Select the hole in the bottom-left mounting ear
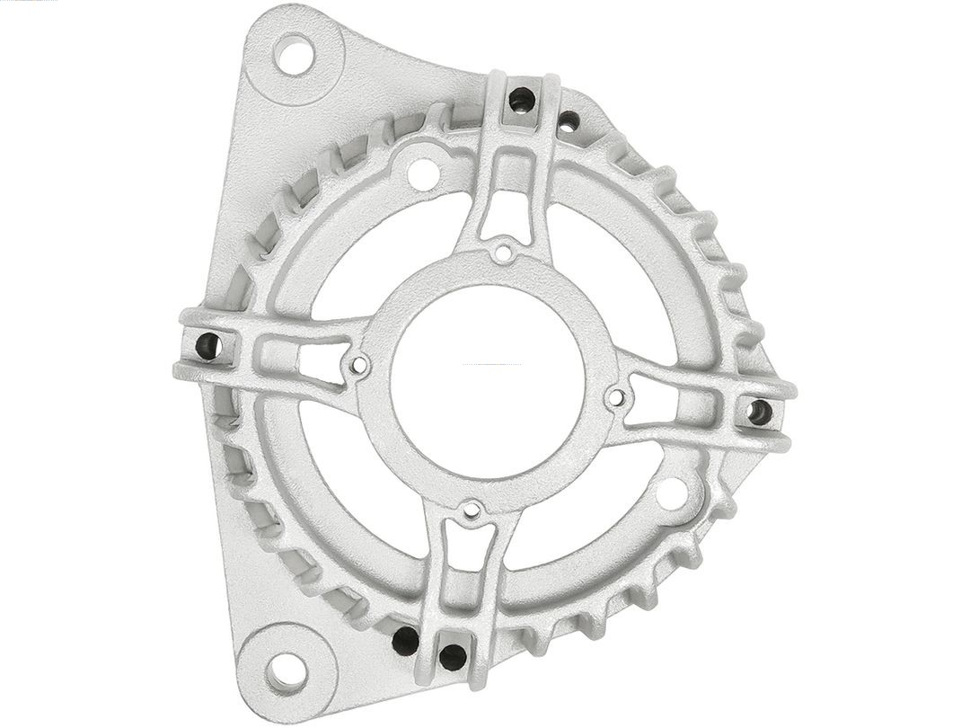[x=287, y=670]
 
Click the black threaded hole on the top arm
[x=522, y=99]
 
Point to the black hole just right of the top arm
[x=569, y=120]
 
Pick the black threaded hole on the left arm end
[x=207, y=345]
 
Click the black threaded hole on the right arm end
[x=759, y=412]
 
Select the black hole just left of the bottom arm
[x=405, y=641]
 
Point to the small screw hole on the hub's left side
[x=359, y=365]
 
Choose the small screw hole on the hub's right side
[x=615, y=396]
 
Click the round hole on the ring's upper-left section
[x=423, y=173]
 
